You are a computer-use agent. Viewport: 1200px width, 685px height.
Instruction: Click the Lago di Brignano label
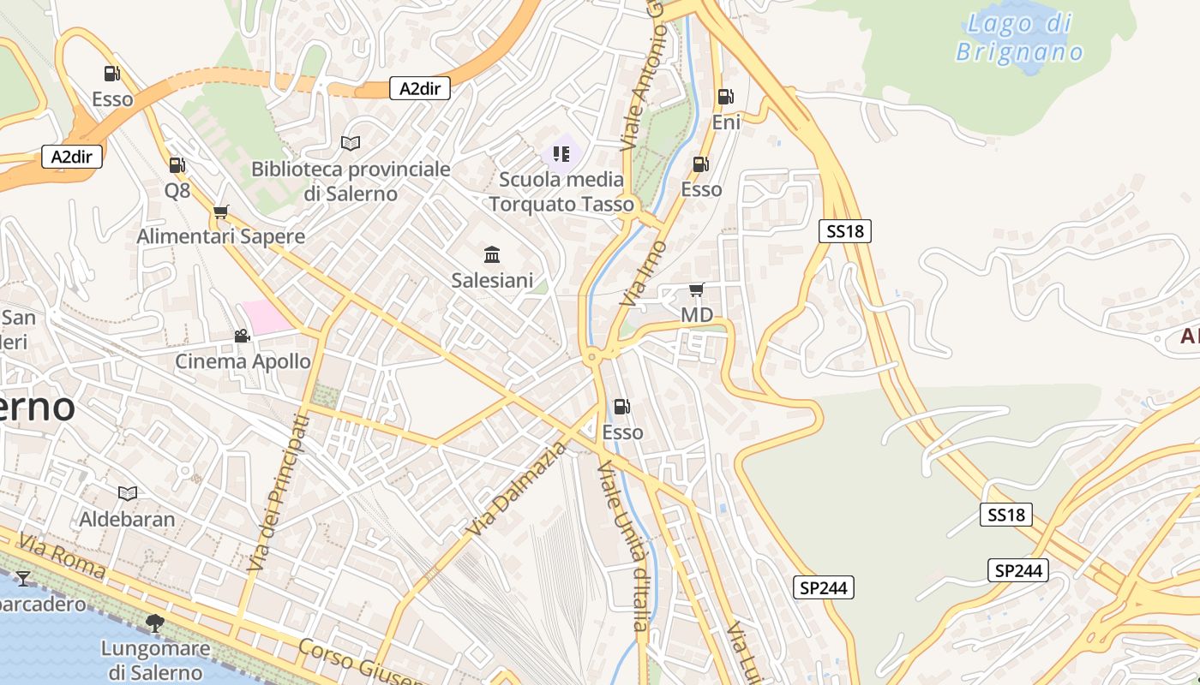pyautogui.click(x=1019, y=37)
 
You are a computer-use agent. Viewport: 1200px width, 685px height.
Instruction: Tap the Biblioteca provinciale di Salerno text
pyautogui.click(x=351, y=181)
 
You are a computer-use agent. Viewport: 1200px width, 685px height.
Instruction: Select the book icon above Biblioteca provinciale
pyautogui.click(x=351, y=143)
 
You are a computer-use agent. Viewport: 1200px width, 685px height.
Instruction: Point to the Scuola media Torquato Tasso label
pyautogui.click(x=561, y=192)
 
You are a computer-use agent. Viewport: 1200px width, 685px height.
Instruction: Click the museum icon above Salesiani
pyautogui.click(x=492, y=254)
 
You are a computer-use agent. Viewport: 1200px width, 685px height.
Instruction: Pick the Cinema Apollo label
pyautogui.click(x=243, y=361)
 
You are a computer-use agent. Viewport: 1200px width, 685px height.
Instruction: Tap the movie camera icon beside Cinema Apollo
pyautogui.click(x=242, y=337)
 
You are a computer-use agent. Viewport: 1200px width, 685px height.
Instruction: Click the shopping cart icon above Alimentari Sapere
pyautogui.click(x=221, y=211)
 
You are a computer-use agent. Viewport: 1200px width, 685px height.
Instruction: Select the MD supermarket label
pyautogui.click(x=696, y=315)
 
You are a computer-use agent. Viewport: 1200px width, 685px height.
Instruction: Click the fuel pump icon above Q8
pyautogui.click(x=177, y=164)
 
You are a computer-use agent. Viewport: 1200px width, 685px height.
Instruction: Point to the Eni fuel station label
pyautogui.click(x=726, y=122)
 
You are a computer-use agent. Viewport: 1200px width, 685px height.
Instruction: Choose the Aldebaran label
pyautogui.click(x=127, y=519)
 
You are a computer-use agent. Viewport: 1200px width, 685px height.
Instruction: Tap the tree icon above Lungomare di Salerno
pyautogui.click(x=155, y=622)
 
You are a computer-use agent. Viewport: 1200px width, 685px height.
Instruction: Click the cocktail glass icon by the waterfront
pyautogui.click(x=23, y=579)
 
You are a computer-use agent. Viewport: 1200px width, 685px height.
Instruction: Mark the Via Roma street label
pyautogui.click(x=63, y=557)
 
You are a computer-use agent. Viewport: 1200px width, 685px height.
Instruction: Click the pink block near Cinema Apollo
pyautogui.click(x=267, y=317)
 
